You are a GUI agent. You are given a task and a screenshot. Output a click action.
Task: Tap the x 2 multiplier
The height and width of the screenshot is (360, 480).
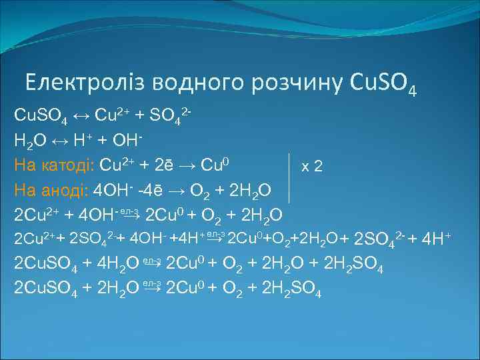pos(312,166)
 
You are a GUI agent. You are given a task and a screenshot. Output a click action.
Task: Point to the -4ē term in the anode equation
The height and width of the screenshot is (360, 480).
pos(150,190)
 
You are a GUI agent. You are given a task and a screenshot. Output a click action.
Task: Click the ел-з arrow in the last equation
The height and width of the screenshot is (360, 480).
pos(152,288)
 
